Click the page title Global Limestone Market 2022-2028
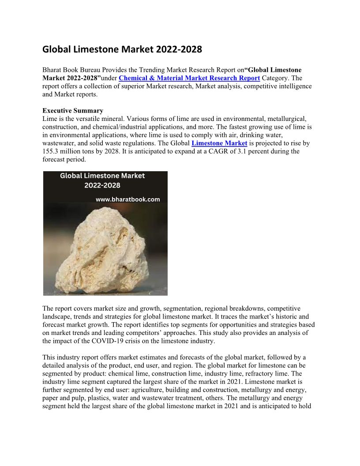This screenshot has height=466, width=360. click(122, 49)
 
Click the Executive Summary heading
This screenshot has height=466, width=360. click(73, 111)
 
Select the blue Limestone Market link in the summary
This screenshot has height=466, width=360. click(219, 143)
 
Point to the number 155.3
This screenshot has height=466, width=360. click(52, 151)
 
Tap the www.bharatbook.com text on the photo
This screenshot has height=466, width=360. click(128, 199)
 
